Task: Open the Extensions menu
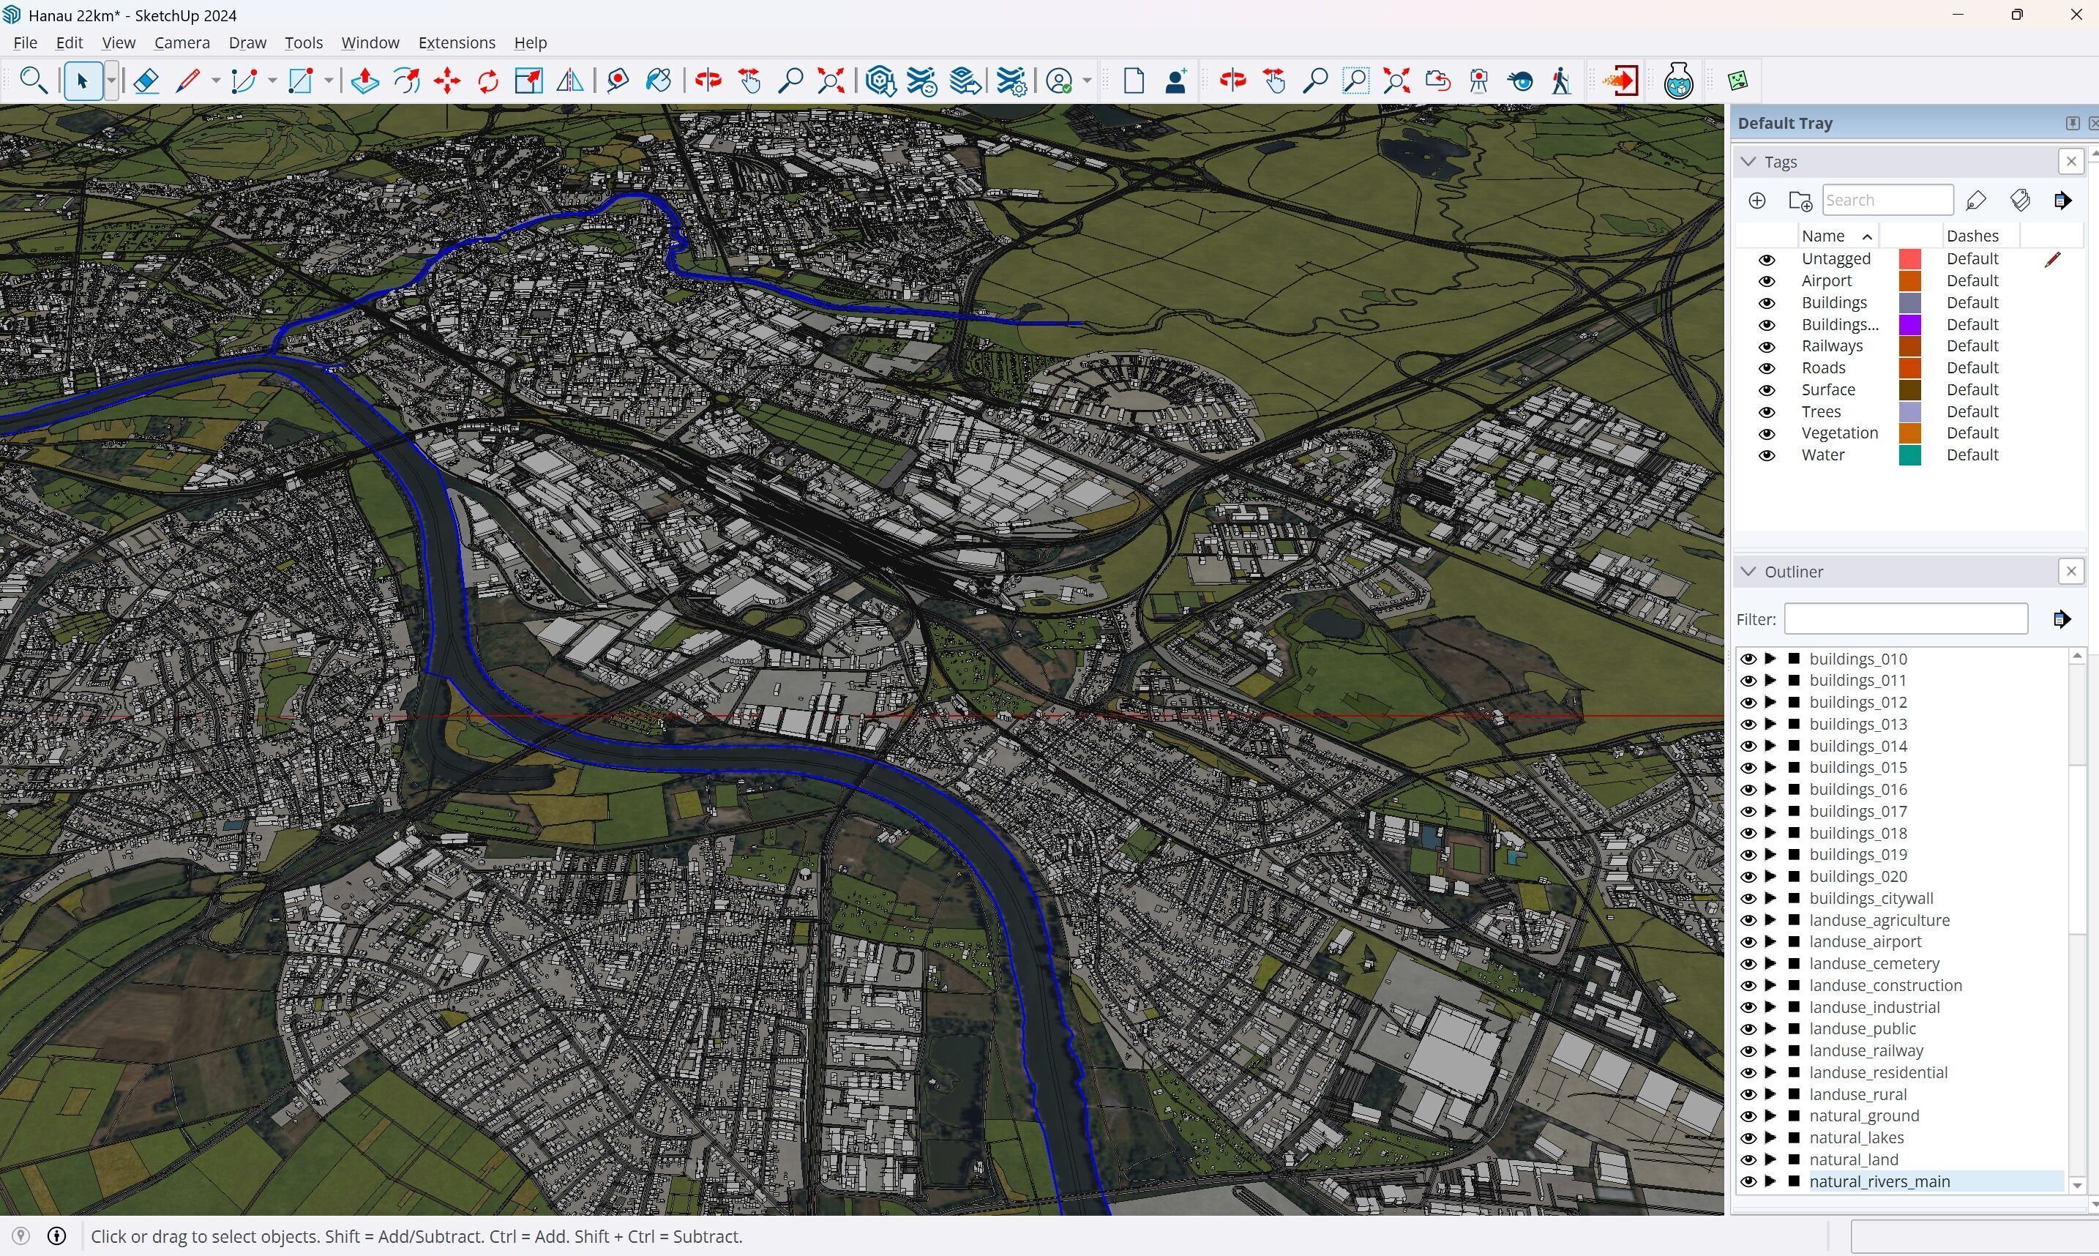[456, 42]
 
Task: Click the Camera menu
[181, 42]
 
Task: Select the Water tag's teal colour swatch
[1909, 455]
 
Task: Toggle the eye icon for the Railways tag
[1767, 346]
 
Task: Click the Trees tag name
[1821, 411]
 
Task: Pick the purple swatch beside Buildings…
[1909, 324]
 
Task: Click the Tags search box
[1887, 201]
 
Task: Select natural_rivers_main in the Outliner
[1879, 1181]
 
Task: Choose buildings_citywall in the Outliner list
[1871, 898]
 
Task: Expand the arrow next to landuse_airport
[1770, 942]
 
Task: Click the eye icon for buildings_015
[1748, 768]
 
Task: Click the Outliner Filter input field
[1905, 618]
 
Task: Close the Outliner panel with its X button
[2070, 572]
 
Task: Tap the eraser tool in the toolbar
[146, 81]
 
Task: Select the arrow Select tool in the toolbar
[82, 81]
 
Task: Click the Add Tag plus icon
[1756, 201]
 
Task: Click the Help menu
[530, 42]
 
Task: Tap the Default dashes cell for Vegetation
[1972, 433]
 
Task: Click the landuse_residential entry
[1877, 1072]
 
